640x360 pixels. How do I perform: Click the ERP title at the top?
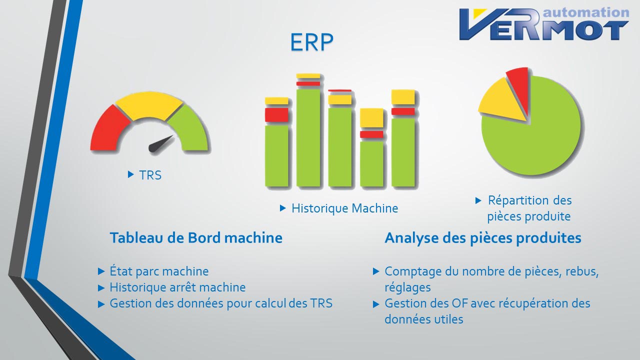click(311, 42)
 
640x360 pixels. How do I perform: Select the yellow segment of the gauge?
click(149, 105)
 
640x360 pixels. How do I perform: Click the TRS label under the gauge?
click(150, 175)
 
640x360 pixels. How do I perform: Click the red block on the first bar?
click(276, 115)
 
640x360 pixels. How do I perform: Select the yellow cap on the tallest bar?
click(308, 75)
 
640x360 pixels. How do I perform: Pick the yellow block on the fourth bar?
click(371, 117)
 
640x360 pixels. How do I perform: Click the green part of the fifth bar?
click(403, 152)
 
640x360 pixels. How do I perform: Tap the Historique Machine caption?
click(344, 208)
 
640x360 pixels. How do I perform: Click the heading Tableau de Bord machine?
click(196, 237)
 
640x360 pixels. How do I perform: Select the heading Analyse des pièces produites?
click(483, 238)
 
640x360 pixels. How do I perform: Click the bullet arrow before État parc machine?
click(101, 271)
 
